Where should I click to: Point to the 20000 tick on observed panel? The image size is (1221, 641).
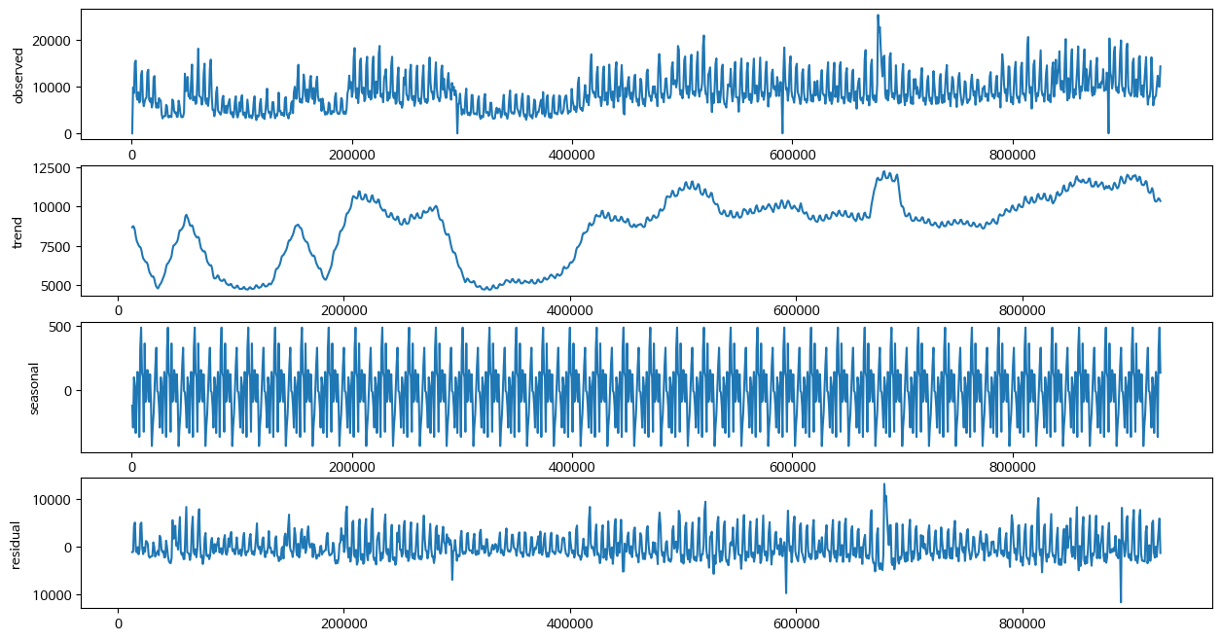pyautogui.click(x=56, y=41)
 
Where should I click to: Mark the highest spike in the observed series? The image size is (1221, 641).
pyautogui.click(x=878, y=16)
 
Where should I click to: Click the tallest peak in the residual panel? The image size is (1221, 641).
pyautogui.click(x=884, y=484)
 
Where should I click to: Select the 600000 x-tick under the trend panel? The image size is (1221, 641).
pyautogui.click(x=796, y=309)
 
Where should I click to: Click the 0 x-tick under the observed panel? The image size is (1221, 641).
pyautogui.click(x=132, y=154)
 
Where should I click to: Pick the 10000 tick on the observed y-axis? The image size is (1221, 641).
pyautogui.click(x=56, y=88)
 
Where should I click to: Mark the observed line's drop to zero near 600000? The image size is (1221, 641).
pyautogui.click(x=782, y=132)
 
